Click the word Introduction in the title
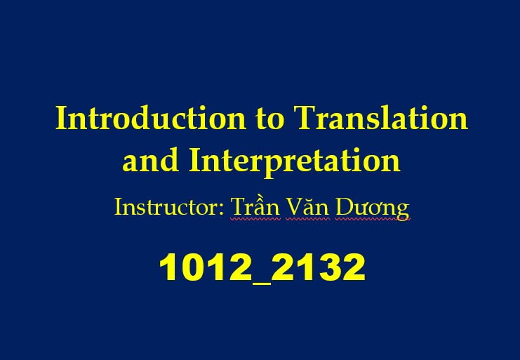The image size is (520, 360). tap(151, 118)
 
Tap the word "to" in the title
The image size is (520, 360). tap(270, 119)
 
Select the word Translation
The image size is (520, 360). tap(381, 118)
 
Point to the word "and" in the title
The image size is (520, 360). tap(151, 160)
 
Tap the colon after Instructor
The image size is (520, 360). tap(221, 210)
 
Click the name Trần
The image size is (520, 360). tap(255, 206)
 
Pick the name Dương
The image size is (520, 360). tap(372, 208)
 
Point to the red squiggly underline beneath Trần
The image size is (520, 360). tap(255, 219)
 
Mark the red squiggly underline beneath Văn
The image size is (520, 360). tap(308, 219)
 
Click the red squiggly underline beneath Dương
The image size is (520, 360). tap(373, 219)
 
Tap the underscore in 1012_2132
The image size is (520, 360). tap(262, 282)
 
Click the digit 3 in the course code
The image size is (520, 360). tap(328, 267)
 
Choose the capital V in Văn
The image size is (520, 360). tap(295, 207)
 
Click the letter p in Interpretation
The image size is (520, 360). tap(278, 166)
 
